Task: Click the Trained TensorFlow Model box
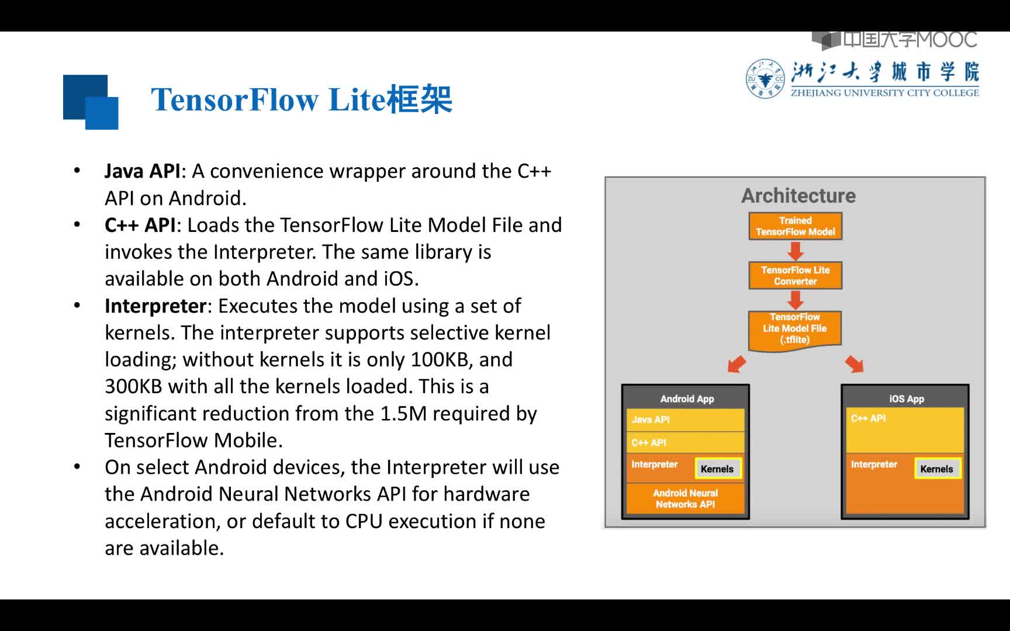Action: (x=795, y=226)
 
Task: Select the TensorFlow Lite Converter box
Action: (x=795, y=275)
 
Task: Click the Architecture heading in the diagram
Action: (x=798, y=196)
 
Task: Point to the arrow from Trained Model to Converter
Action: (x=795, y=251)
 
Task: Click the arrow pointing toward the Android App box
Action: (x=736, y=363)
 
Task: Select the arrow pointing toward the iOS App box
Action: (x=855, y=363)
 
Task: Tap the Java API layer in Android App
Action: (x=685, y=420)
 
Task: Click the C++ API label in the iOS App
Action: (x=868, y=418)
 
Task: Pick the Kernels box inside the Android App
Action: (x=718, y=469)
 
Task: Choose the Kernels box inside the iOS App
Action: (x=937, y=469)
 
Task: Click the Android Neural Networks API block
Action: (x=685, y=498)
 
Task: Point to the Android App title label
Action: (x=687, y=399)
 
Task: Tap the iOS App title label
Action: (x=907, y=399)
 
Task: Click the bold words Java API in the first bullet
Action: (x=143, y=171)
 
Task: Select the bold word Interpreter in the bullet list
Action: (x=155, y=306)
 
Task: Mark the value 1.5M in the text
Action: (x=403, y=414)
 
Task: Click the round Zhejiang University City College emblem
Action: (x=766, y=79)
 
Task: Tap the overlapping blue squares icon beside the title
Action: (x=91, y=102)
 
